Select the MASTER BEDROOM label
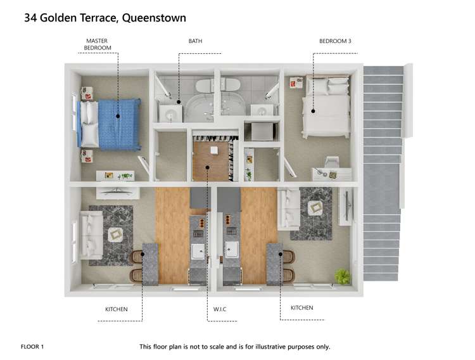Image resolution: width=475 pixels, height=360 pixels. tap(98, 44)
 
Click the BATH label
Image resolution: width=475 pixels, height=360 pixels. tap(195, 41)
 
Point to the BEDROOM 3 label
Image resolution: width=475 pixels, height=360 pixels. tap(335, 41)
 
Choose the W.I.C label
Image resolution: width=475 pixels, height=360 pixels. tap(220, 310)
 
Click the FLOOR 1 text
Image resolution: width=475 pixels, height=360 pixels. tap(33, 347)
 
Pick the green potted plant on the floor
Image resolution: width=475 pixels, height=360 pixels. tap(343, 276)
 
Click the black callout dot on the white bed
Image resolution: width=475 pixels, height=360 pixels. tap(313, 112)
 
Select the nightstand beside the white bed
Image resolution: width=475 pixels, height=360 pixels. tap(296, 82)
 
